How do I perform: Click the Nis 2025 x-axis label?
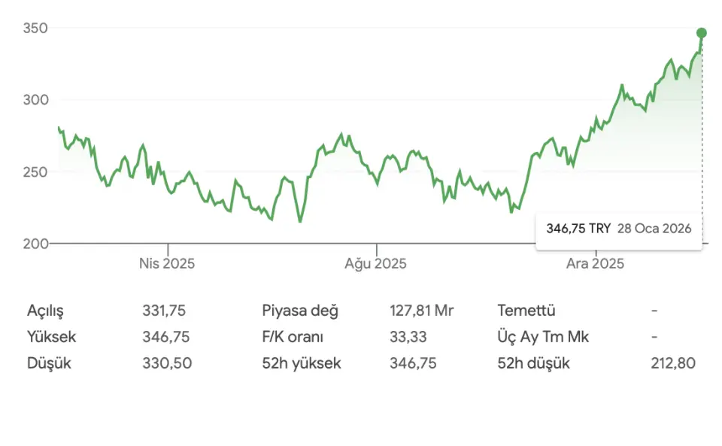167,264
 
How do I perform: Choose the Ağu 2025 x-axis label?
376,264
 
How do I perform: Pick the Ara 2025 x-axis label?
595,264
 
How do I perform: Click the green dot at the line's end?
702,33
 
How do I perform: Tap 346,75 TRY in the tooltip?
578,228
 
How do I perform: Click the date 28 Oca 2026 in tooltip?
654,228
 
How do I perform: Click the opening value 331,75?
164,311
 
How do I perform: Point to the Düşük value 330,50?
167,363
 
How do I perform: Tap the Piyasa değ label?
300,311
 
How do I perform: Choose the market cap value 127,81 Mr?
421,311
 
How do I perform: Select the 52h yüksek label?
302,363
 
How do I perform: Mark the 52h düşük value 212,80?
673,363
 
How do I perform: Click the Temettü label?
526,311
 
